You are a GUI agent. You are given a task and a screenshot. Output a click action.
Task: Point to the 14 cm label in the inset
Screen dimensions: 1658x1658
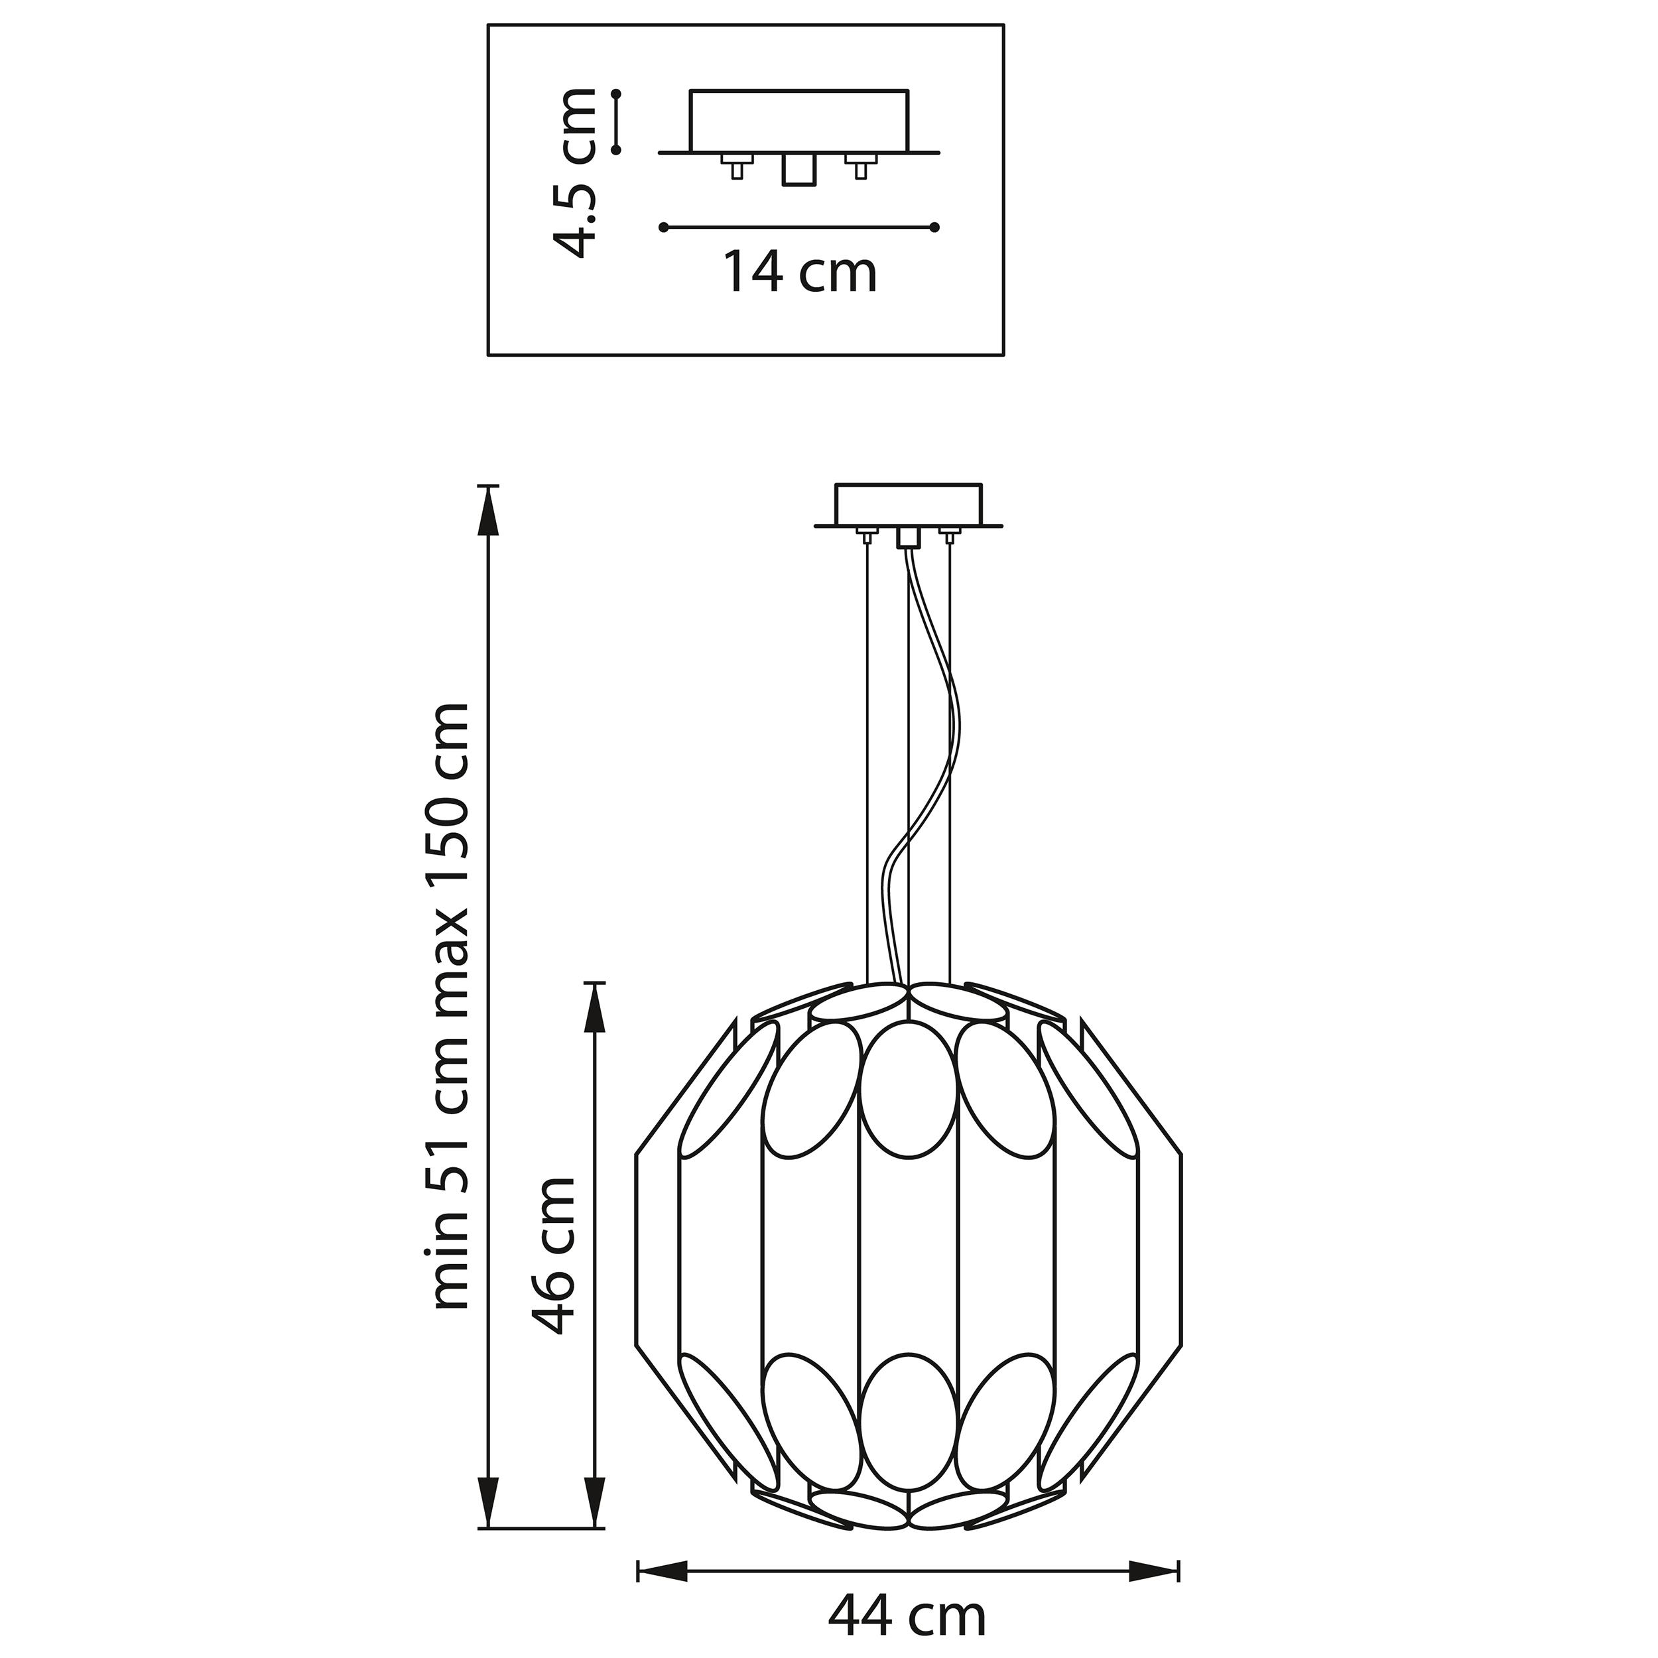(x=800, y=272)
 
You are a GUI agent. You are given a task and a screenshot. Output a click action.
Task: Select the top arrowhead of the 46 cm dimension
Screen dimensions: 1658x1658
(x=594, y=1007)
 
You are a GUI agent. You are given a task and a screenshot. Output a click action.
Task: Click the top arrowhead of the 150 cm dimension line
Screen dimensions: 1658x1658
(x=488, y=511)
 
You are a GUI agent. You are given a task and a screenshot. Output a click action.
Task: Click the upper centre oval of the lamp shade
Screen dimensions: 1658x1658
(x=908, y=1090)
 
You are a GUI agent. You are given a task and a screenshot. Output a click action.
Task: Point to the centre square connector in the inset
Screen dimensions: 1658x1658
(x=797, y=170)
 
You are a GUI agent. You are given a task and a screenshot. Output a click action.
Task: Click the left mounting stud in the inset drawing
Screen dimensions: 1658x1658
(x=736, y=166)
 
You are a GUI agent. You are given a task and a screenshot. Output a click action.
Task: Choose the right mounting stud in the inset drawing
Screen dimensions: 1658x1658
(x=861, y=166)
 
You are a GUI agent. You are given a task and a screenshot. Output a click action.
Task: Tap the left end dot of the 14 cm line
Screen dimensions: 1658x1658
(x=663, y=227)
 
